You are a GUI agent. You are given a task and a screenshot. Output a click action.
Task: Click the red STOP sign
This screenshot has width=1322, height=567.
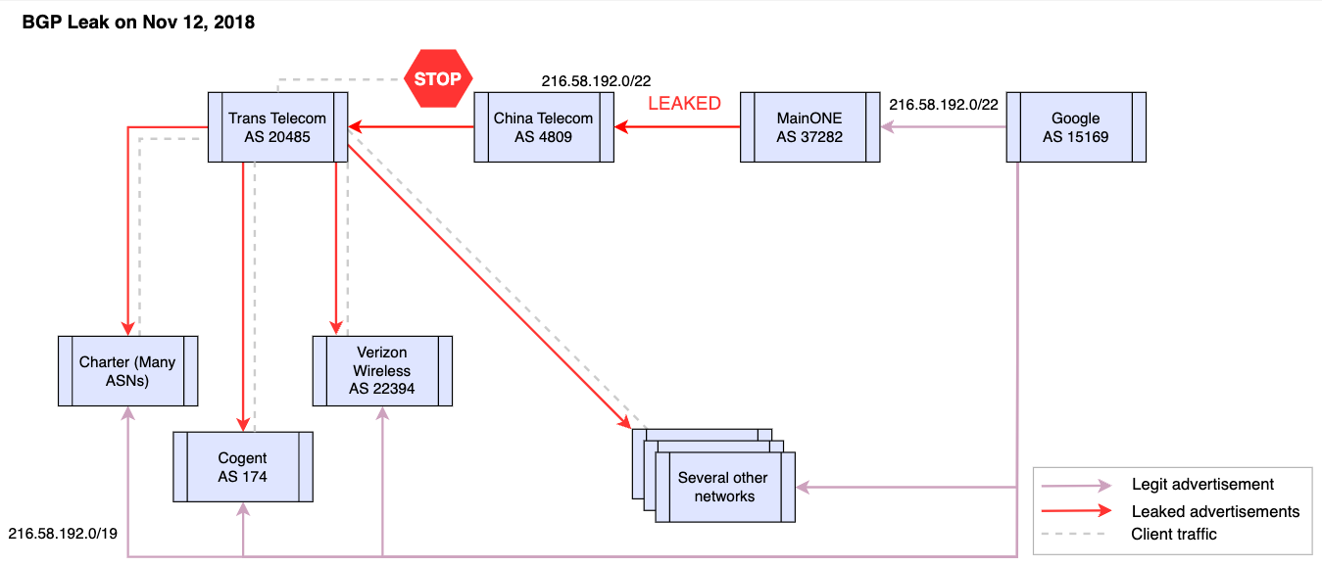coord(438,78)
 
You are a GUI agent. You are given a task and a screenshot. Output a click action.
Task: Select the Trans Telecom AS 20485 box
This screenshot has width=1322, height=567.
coord(278,127)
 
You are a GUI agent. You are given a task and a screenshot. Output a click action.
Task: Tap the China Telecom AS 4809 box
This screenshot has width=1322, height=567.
coord(544,127)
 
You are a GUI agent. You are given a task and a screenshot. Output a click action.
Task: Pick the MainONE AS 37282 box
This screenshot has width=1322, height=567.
coord(809,127)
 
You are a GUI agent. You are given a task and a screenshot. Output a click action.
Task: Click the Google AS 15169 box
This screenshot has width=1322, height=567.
coord(1076,127)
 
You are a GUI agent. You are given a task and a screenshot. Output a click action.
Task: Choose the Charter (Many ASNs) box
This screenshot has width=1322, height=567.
coord(128,371)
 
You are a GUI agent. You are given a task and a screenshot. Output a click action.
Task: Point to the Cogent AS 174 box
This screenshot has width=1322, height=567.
coord(243,467)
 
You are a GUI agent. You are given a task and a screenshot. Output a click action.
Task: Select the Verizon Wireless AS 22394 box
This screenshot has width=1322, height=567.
coord(382,371)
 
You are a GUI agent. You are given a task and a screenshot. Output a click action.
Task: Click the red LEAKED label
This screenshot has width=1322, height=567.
coord(685,103)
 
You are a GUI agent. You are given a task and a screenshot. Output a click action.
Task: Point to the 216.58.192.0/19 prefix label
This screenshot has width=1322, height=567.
coord(63,534)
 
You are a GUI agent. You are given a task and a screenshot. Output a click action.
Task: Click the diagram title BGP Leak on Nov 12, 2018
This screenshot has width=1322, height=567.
coord(138,23)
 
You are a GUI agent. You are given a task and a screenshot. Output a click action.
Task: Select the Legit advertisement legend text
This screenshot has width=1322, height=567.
coord(1202,485)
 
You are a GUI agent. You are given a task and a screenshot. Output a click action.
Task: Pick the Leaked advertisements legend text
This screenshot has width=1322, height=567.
coord(1216,511)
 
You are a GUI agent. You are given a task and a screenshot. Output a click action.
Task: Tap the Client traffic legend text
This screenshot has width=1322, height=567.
coord(1174,534)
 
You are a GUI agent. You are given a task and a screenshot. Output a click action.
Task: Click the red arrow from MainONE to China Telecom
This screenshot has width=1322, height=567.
coord(677,127)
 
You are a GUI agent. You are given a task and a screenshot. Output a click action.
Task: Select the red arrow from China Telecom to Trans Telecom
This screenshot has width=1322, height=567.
coord(411,127)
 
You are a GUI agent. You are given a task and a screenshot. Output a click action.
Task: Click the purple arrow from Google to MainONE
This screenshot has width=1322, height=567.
coord(943,127)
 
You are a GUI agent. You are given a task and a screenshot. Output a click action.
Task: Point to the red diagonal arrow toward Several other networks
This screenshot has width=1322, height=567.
coord(490,287)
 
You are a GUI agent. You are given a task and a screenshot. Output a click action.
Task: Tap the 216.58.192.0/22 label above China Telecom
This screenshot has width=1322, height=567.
coord(596,81)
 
